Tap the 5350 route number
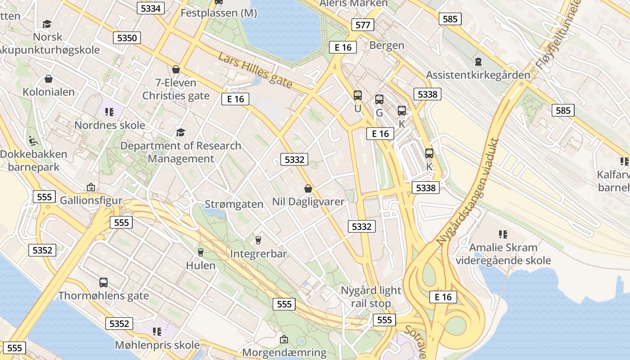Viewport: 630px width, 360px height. point(127,38)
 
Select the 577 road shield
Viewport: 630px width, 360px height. point(363,25)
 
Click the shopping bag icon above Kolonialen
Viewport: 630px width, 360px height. point(49,79)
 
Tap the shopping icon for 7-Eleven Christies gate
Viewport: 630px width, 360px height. point(176,70)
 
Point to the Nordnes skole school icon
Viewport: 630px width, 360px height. point(109,112)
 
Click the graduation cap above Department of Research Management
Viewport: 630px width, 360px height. point(180,132)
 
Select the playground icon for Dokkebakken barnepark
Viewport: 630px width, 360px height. point(33,140)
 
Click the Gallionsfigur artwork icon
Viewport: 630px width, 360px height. point(91,187)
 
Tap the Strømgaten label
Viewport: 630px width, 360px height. point(234,204)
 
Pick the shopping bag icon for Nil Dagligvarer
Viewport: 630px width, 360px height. point(308,188)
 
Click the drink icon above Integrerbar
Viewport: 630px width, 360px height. point(258,240)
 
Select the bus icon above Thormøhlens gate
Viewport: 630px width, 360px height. point(103,283)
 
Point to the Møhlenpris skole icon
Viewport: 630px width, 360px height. point(157,332)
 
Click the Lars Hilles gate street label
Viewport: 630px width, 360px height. point(255,70)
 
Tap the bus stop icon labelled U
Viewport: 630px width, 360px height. point(358,95)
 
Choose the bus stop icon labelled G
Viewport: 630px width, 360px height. point(379,99)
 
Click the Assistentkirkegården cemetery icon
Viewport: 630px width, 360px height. point(478,61)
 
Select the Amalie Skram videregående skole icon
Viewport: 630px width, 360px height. point(503,234)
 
